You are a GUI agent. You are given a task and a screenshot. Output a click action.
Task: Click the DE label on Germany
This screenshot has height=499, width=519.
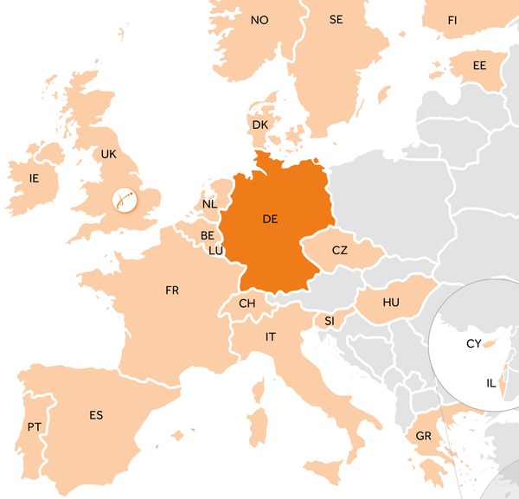[270, 220]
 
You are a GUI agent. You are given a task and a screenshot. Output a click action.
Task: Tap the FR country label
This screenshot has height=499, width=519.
[172, 291]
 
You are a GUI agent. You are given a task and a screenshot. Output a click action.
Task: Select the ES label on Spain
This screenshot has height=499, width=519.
[96, 415]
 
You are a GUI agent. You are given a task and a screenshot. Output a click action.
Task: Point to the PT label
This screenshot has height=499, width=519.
[35, 427]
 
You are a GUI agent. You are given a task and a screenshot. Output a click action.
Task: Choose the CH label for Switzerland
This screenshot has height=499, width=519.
[247, 304]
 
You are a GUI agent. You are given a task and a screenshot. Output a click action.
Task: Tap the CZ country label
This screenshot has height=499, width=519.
[340, 250]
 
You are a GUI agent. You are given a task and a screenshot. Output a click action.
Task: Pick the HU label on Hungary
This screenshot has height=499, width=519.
[391, 302]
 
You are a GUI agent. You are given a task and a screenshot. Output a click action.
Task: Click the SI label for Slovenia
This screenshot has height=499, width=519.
[330, 321]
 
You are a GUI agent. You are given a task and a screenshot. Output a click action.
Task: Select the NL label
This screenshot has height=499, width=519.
[209, 205]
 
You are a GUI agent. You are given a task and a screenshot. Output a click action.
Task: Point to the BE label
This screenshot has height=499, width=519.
[208, 235]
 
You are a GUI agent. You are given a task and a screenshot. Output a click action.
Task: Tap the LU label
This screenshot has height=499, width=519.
[215, 251]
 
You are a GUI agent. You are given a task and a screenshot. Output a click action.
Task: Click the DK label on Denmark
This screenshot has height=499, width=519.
[260, 125]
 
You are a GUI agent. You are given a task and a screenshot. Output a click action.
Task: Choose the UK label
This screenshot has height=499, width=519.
[108, 154]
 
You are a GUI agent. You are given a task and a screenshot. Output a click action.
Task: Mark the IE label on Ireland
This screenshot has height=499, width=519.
[35, 178]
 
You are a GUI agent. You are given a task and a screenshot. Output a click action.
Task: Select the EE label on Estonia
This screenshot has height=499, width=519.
[479, 66]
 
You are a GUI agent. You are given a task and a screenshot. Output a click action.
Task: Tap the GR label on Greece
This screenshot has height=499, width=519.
[424, 436]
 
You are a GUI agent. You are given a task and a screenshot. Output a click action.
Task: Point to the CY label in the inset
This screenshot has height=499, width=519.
[473, 343]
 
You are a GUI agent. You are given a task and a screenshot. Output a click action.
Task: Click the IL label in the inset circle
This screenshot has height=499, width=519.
[491, 383]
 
